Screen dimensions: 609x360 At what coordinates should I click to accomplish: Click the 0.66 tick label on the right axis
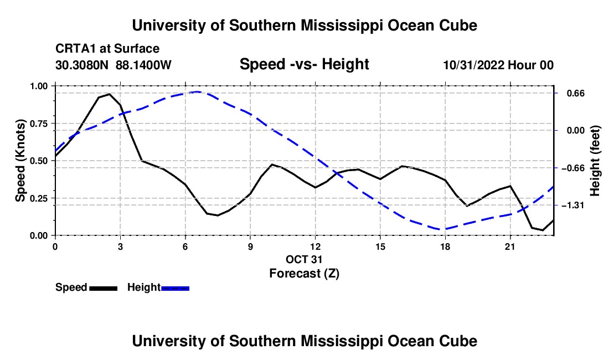tap(576, 94)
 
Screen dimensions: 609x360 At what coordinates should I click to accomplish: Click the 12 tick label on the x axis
tap(316, 246)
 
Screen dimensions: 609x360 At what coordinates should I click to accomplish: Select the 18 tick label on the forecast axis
tap(445, 246)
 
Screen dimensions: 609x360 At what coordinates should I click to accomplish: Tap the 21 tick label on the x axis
tap(510, 246)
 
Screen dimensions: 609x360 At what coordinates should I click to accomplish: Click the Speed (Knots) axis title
tap(20, 161)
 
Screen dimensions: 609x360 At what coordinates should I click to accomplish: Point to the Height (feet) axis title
tap(595, 161)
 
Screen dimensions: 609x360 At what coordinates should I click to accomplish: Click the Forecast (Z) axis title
tap(304, 274)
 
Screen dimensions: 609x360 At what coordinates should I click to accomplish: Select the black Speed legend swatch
tap(104, 288)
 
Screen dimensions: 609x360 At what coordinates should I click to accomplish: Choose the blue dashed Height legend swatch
tap(175, 288)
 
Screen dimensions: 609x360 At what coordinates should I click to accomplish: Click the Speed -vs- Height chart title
tap(304, 64)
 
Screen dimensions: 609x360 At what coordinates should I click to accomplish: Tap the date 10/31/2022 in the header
tap(474, 65)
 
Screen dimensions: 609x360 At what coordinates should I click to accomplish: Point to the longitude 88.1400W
tap(143, 65)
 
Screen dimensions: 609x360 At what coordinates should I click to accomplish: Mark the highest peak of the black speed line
tap(110, 94)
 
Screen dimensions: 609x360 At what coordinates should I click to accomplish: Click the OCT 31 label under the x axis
tap(304, 259)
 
